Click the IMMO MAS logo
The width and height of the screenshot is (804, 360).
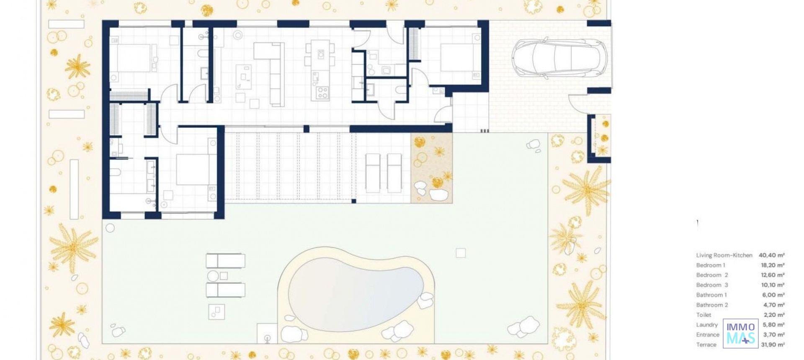click(740, 333)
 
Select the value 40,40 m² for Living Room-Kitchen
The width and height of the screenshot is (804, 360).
click(771, 255)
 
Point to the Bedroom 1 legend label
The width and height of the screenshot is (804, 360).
click(710, 265)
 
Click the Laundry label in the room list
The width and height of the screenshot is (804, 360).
click(707, 325)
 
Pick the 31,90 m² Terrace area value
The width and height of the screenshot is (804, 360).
click(773, 345)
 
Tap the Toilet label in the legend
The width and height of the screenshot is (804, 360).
click(703, 315)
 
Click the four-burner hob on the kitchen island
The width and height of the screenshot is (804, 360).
click(322, 93)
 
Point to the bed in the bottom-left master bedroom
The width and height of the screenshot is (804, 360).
click(193, 170)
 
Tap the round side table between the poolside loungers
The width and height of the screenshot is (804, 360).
click(213, 276)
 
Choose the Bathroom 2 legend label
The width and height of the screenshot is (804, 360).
click(712, 305)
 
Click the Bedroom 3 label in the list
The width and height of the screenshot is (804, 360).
click(712, 285)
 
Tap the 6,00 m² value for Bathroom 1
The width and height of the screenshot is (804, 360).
click(773, 295)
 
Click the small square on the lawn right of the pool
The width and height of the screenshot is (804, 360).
click(461, 253)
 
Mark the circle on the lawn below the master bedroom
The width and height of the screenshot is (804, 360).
click(110, 228)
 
